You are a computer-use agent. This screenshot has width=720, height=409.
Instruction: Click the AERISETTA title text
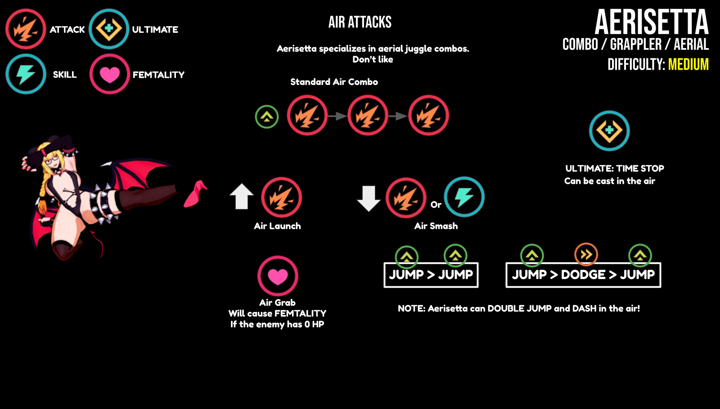(651, 22)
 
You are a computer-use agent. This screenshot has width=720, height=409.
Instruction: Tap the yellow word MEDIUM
(688, 65)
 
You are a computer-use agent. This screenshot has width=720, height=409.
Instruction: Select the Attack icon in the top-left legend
(26, 29)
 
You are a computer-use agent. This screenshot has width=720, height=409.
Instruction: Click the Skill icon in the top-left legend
(26, 74)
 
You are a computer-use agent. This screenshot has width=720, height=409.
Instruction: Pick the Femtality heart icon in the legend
(109, 74)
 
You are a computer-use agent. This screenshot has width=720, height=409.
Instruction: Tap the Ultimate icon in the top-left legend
(109, 29)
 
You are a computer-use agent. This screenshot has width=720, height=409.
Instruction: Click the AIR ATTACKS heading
(360, 22)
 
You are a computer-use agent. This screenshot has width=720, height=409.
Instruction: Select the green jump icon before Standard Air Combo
(267, 117)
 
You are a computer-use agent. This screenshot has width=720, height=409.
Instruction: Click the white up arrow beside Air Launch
(242, 196)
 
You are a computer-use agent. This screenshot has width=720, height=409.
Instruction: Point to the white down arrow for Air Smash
(369, 198)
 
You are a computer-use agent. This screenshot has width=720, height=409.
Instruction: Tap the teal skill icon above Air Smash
(464, 197)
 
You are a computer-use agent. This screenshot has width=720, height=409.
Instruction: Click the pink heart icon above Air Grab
(278, 276)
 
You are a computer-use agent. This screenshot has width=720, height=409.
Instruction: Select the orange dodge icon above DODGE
(586, 255)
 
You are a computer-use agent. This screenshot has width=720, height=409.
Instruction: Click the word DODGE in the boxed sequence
(583, 275)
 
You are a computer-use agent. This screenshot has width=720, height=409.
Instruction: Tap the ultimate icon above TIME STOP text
(609, 131)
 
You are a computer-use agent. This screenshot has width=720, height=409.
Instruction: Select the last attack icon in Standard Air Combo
(428, 116)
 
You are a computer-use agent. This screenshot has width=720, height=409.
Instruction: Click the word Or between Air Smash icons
(436, 205)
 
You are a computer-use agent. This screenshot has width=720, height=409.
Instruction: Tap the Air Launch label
(277, 226)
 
